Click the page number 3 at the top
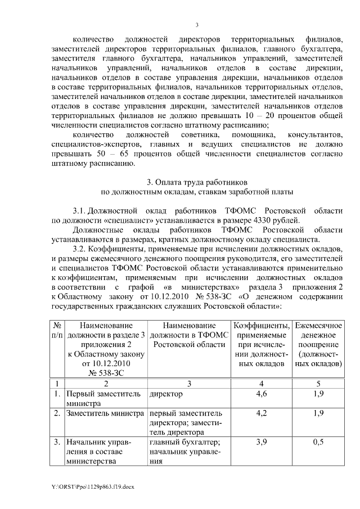(x=197, y=24)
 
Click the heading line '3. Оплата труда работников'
(x=196, y=182)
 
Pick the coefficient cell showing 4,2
(x=261, y=413)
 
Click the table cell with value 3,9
(x=261, y=443)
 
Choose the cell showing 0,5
(x=318, y=443)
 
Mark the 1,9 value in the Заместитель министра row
(x=318, y=413)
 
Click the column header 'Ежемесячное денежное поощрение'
(x=318, y=344)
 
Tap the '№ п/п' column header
(x=57, y=330)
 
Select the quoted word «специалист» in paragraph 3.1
(x=123, y=220)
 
